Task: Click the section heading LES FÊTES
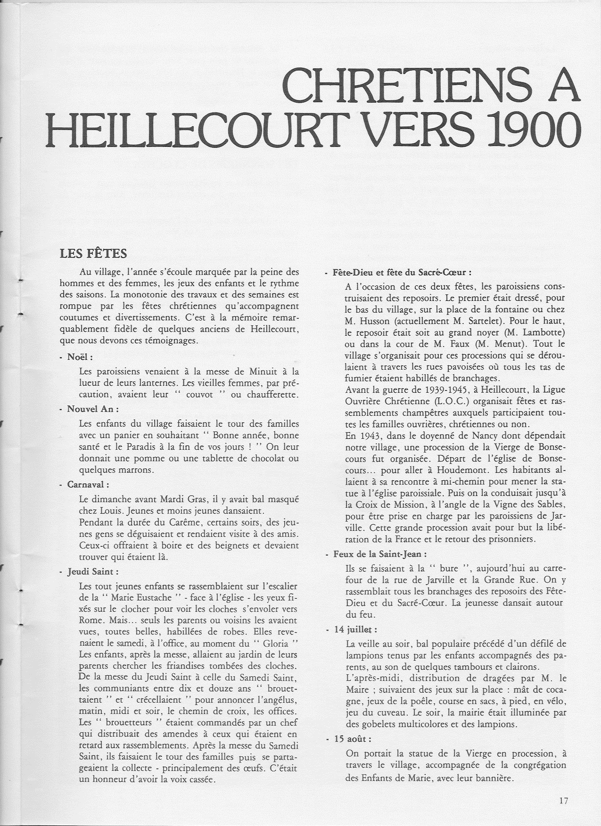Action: pyautogui.click(x=93, y=254)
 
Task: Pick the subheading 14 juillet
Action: pyautogui.click(x=362, y=629)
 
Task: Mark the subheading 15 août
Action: pyautogui.click(x=359, y=739)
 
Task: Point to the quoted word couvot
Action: pyautogui.click(x=200, y=394)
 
